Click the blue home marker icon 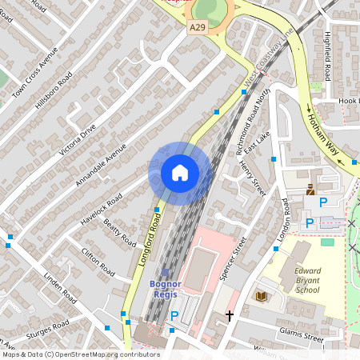[x=180, y=172]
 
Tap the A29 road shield [x=197, y=28]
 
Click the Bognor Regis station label [x=166, y=289]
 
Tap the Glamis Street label [x=301, y=334]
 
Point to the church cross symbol [x=230, y=315]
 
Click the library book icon [x=261, y=296]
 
